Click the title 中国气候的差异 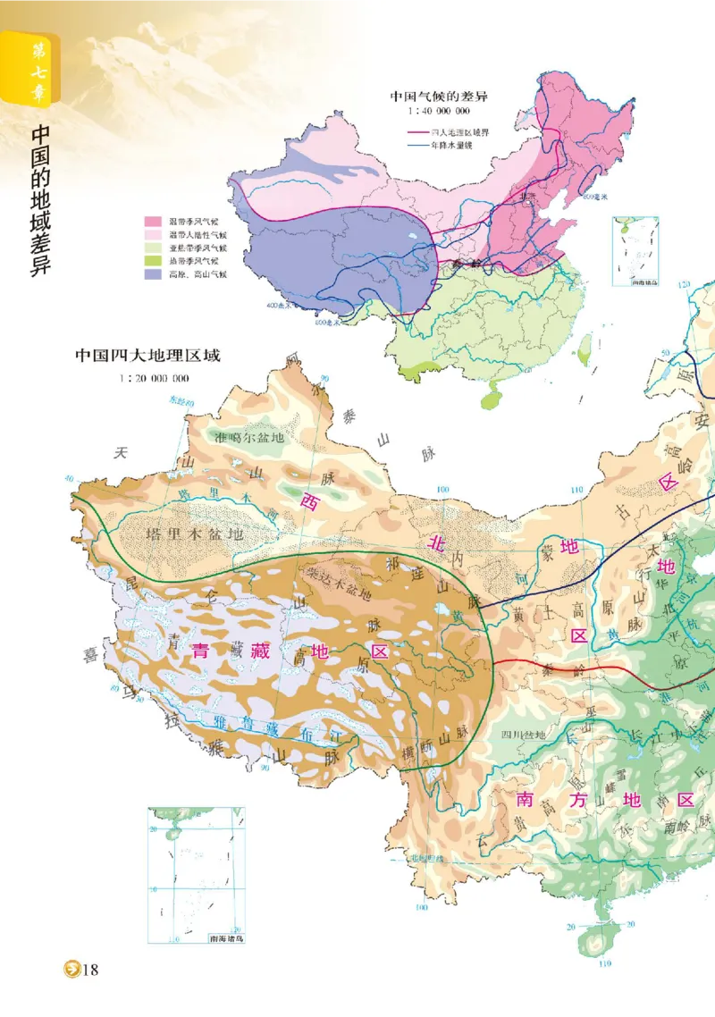[x=437, y=96]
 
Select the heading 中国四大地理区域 [x=147, y=356]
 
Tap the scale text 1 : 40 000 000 [x=436, y=112]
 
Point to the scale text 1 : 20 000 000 [x=154, y=377]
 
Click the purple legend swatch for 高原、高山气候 [x=155, y=274]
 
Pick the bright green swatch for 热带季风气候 [x=155, y=261]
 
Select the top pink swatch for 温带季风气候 [x=155, y=221]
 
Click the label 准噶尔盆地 [x=249, y=437]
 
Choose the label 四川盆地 [x=523, y=735]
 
